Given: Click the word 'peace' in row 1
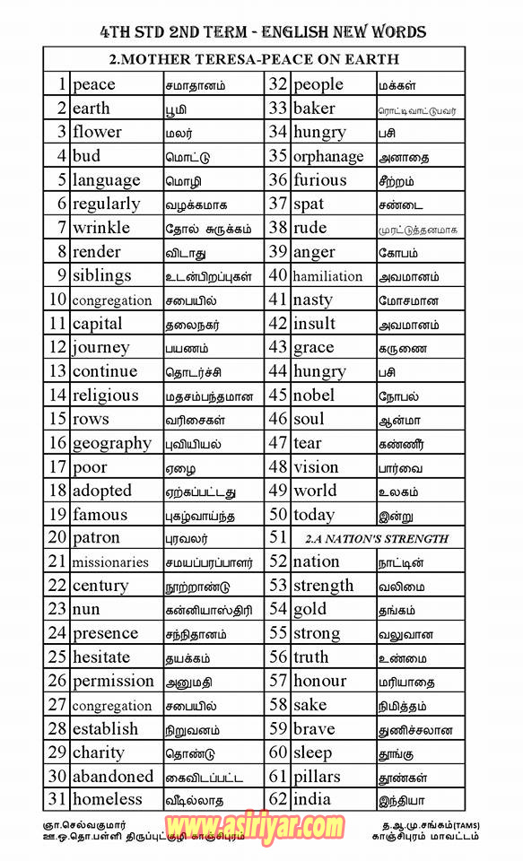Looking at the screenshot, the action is [x=93, y=85].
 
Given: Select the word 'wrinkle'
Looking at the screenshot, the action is [x=100, y=228].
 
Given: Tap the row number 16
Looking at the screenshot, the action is [x=57, y=443].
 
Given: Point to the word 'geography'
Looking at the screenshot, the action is [x=111, y=444].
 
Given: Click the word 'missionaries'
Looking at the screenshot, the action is [x=110, y=562].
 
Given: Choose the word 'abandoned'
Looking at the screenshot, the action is [x=112, y=777].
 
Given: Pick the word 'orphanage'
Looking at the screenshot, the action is [x=328, y=157].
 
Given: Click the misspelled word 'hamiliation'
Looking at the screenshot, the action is [x=327, y=276].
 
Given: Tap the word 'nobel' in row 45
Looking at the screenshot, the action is [x=313, y=396].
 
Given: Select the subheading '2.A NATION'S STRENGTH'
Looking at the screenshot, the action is [x=376, y=539].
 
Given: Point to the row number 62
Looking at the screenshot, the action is [x=278, y=800].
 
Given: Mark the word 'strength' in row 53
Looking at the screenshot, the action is [x=323, y=587].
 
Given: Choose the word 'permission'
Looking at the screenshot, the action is [x=113, y=682].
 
